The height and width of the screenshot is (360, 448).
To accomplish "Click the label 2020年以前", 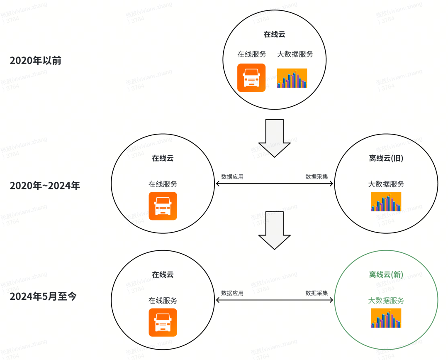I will [36, 61].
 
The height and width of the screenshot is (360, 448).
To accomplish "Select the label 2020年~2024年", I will [45, 186].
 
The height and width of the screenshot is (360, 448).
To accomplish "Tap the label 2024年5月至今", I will [43, 297].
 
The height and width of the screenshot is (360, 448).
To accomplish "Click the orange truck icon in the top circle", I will [251, 78].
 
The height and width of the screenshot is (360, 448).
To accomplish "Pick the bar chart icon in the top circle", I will [292, 78].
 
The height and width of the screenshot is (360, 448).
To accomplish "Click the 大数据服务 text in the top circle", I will [295, 54].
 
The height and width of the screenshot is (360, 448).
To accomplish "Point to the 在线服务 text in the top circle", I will [251, 54].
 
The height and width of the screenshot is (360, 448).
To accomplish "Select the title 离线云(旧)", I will [386, 158].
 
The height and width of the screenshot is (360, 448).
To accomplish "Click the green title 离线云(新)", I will [386, 274].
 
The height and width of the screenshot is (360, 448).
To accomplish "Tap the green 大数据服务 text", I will [386, 300].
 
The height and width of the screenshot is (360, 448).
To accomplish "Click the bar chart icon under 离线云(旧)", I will [386, 201].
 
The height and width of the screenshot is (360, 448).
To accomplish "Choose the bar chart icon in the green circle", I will [386, 318].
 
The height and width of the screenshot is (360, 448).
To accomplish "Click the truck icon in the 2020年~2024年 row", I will [163, 206].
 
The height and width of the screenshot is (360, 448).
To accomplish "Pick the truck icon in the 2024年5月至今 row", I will [163, 322].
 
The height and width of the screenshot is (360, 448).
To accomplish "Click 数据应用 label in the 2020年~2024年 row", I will [232, 177].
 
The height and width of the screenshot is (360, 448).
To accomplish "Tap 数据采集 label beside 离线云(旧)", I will [317, 177].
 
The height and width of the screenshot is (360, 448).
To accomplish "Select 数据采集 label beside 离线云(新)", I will [317, 293].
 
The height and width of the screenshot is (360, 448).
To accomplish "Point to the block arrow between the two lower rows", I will [274, 230].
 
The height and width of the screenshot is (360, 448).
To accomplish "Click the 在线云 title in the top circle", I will [274, 34].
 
